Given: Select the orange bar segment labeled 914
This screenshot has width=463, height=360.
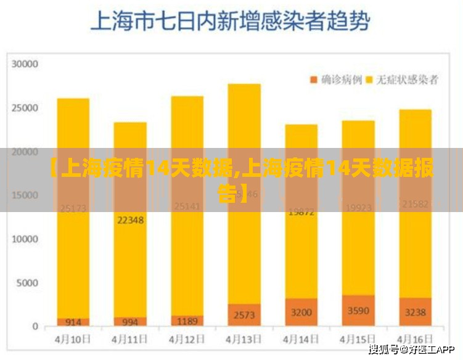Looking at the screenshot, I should click(x=73, y=322).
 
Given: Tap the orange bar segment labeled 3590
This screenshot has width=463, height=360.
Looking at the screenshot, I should click(x=358, y=311).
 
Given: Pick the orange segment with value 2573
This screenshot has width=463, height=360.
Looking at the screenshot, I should click(x=244, y=314).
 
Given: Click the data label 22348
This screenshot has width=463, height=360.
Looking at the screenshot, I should click(x=130, y=219).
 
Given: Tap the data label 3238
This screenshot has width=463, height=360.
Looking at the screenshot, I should click(x=415, y=313).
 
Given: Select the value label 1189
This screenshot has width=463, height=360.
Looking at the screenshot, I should click(x=187, y=321).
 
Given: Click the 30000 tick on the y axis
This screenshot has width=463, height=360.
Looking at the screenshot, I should click(x=26, y=63).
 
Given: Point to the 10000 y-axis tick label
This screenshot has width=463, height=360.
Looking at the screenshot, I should click(x=26, y=239).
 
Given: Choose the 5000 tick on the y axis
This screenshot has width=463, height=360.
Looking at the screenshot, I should click(x=28, y=283).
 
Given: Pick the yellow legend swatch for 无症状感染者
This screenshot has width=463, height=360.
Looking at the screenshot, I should click(x=370, y=80).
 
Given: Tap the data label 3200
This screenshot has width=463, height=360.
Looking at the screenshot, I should click(x=301, y=312).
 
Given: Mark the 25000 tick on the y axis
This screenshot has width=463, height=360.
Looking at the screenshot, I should click(x=26, y=107).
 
